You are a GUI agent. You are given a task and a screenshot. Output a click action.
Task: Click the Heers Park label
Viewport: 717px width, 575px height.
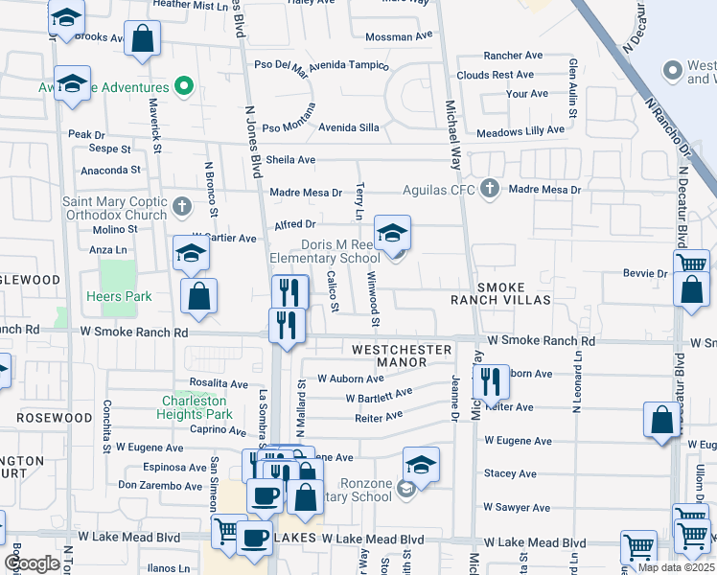click(x=119, y=297)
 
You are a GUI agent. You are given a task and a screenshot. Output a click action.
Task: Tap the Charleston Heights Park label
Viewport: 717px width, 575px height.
click(x=197, y=407)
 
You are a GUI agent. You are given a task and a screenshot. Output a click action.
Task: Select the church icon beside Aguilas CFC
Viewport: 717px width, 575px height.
click(x=490, y=188)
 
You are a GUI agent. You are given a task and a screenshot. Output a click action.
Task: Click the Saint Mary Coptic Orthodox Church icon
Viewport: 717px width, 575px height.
click(x=183, y=204)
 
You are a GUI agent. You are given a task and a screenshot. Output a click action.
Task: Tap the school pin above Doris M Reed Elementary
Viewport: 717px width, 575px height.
click(x=391, y=234)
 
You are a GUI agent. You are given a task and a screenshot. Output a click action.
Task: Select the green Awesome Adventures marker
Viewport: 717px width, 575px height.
click(x=183, y=87)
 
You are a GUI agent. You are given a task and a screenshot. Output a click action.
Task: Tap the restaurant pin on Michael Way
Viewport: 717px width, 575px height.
click(x=490, y=381)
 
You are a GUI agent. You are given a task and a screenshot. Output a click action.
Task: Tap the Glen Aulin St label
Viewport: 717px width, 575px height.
click(x=573, y=87)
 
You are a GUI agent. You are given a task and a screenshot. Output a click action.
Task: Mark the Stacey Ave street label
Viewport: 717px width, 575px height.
click(x=510, y=473)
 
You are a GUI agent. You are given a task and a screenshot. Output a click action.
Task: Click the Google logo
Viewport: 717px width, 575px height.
click(x=33, y=563)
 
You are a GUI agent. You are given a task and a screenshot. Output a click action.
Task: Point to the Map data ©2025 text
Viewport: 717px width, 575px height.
click(x=676, y=567)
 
